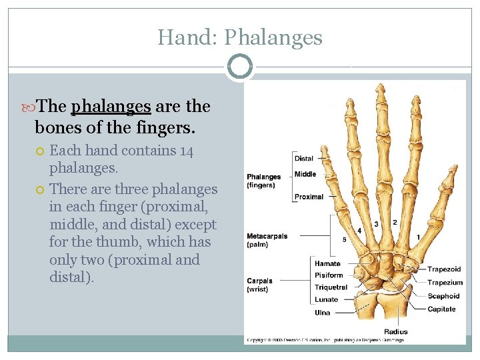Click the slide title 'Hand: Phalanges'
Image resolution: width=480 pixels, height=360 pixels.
point(239,37)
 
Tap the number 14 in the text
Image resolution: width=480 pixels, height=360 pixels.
point(187,151)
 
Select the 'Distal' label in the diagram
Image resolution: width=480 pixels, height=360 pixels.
point(303,159)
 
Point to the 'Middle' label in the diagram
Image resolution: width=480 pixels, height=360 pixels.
point(305,174)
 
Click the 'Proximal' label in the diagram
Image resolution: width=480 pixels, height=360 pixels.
point(309,197)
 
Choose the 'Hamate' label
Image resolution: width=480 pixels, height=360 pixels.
point(327,264)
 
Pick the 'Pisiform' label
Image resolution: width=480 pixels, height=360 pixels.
point(329,275)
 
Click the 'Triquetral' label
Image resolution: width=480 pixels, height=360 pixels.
point(331,287)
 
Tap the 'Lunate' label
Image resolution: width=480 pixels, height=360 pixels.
point(326,299)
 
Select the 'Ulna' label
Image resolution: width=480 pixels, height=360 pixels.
point(322,313)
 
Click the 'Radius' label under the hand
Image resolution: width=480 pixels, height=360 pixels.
point(395,331)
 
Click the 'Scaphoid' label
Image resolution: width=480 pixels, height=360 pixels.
point(443,296)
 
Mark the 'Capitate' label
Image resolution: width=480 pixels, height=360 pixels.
point(441,309)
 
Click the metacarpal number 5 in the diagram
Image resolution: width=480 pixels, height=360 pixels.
point(344,239)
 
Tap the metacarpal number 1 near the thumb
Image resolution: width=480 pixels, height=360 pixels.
point(418,237)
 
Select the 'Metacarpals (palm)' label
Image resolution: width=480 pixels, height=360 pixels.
point(267,240)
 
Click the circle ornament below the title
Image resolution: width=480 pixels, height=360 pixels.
point(239,67)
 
